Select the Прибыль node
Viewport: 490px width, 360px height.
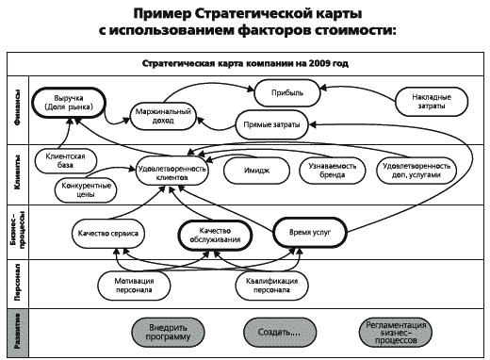pyautogui.click(x=287, y=93)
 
